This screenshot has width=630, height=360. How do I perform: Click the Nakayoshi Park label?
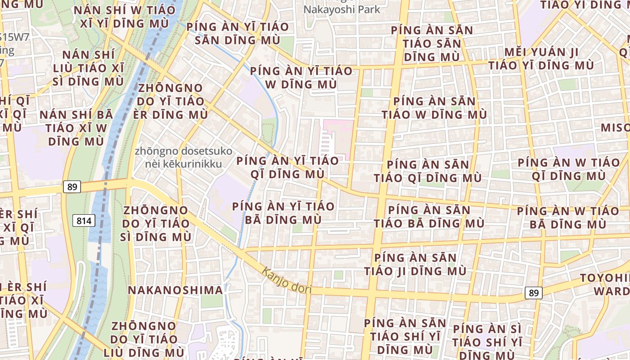coord(342,9)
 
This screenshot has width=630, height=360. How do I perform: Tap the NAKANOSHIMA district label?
coord(175,290)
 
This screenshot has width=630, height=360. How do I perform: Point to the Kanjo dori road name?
coord(286,280)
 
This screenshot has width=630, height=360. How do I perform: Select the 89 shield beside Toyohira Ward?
coord(533,293)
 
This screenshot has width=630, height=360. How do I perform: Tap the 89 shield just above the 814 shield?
coord(72,187)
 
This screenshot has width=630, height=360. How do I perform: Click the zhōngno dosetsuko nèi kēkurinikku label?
coord(183,157)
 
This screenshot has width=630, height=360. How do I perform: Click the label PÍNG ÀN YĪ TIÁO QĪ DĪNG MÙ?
coord(287,167)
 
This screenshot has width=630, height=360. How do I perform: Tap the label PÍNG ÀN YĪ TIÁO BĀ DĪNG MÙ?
coord(283,213)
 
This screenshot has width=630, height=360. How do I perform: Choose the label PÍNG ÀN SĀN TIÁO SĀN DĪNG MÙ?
coord(432,44)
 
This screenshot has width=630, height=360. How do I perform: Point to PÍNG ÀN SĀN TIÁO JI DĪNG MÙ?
coord(415,265)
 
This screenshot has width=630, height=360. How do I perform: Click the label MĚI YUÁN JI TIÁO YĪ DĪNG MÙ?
coord(541,58)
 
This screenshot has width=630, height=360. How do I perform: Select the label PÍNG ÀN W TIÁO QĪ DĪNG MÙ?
coord(569,169)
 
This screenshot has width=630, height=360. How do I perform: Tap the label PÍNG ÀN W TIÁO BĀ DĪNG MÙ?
coord(568,217)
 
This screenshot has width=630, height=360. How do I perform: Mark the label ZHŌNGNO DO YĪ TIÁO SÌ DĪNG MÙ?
coord(156,223)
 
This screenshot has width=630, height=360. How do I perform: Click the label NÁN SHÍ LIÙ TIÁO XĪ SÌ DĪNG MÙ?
coord(88,68)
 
